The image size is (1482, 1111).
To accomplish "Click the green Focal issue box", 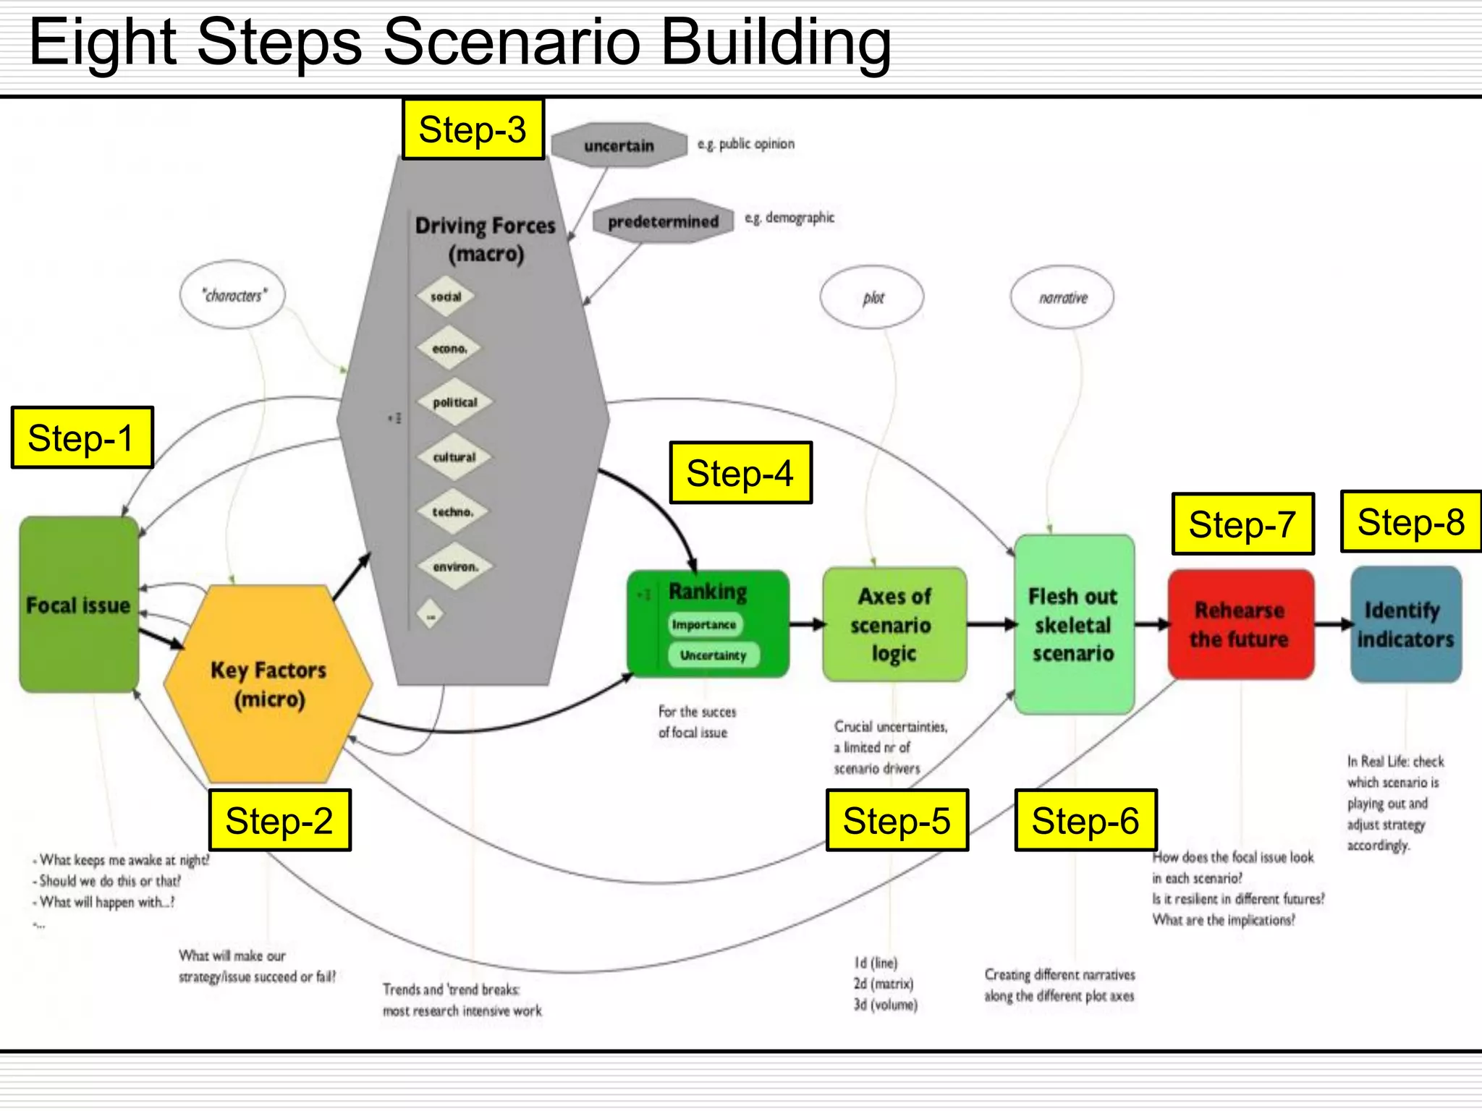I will click(x=78, y=605).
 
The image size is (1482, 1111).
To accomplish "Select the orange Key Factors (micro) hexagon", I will click(x=268, y=684).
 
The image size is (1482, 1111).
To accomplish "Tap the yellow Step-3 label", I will click(x=473, y=130).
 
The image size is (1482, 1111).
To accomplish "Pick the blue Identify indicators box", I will click(x=1405, y=625).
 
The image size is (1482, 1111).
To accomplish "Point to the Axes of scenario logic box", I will click(x=894, y=625).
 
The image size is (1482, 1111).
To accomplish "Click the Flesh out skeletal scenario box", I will click(x=1073, y=625).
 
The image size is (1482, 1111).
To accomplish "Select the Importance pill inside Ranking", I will click(x=704, y=624).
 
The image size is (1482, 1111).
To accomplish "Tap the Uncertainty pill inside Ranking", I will click(x=713, y=655).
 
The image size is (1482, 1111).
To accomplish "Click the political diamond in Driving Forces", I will click(x=454, y=402).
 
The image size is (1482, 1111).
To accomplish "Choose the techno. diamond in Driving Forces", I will click(x=453, y=512).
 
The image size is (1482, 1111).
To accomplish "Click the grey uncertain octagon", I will click(x=619, y=145).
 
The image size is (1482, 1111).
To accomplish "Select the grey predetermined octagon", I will click(x=663, y=221).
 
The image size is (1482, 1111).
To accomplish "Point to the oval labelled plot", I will click(x=872, y=297).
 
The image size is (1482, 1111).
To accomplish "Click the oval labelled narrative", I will click(x=1062, y=297).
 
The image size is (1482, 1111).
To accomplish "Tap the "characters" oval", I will click(x=233, y=295).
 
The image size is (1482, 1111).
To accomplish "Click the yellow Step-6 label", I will click(x=1085, y=820).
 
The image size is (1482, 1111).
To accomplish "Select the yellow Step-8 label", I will click(x=1411, y=522).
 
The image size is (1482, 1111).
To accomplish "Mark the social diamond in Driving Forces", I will click(x=446, y=297).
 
